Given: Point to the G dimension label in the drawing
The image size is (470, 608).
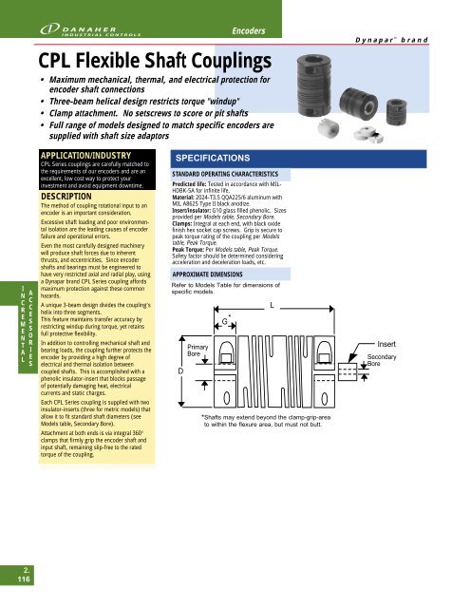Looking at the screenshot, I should pyautogui.click(x=224, y=321).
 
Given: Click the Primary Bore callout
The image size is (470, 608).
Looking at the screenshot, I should pyautogui.click(x=200, y=352).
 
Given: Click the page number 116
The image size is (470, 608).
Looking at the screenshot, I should pyautogui.click(x=17, y=577).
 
